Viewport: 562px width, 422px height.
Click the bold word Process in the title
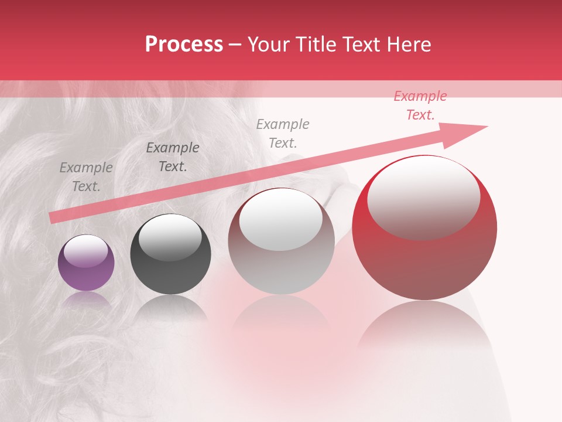click(x=184, y=45)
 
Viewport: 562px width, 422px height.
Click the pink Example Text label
click(x=420, y=105)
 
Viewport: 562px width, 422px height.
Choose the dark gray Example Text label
click(x=173, y=157)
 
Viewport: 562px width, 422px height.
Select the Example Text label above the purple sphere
click(x=86, y=177)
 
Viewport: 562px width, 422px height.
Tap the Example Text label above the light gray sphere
click(x=283, y=133)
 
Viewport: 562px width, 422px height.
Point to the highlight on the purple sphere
click(x=86, y=251)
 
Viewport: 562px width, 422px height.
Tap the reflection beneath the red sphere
click(x=424, y=328)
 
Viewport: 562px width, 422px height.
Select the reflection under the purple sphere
click(x=86, y=300)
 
